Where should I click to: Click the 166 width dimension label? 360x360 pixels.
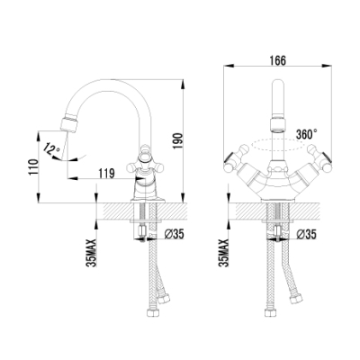pos(277,60)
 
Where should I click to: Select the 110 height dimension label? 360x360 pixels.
pos(34,166)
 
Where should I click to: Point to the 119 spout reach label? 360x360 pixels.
pos(106,174)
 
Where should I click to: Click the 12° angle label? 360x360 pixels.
pos(52,148)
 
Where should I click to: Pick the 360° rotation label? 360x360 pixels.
pos(307,134)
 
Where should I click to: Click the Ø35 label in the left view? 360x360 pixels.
pos(175,234)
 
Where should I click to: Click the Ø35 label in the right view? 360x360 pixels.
pos(307,235)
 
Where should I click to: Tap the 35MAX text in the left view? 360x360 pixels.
pos(91,253)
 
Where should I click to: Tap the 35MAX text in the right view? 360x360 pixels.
pos(224,253)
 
